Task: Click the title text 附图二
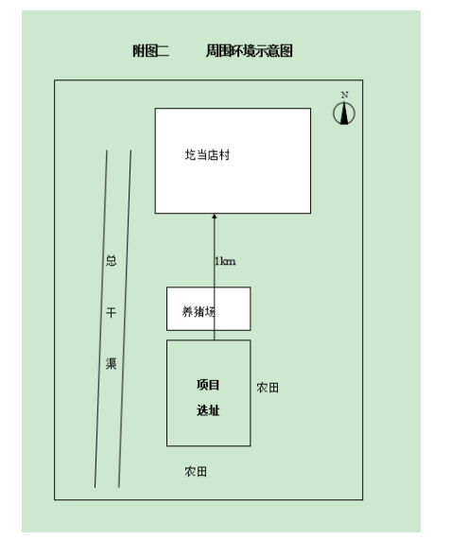point(151,51)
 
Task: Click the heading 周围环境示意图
point(250,51)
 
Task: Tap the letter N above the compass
point(344,95)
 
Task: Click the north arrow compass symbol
point(344,113)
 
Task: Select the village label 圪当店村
point(207,155)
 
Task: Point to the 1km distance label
point(225,261)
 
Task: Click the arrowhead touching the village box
point(214,216)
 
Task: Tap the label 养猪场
point(199,311)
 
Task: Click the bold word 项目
point(208,385)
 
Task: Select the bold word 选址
point(208,410)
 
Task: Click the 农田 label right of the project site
point(268,388)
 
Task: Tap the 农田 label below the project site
point(196,471)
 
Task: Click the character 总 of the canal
point(112,261)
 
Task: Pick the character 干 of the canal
point(112,313)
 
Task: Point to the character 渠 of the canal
point(112,363)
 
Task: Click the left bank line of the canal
point(101,319)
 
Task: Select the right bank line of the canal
point(125,319)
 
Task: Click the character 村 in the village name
point(224,155)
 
